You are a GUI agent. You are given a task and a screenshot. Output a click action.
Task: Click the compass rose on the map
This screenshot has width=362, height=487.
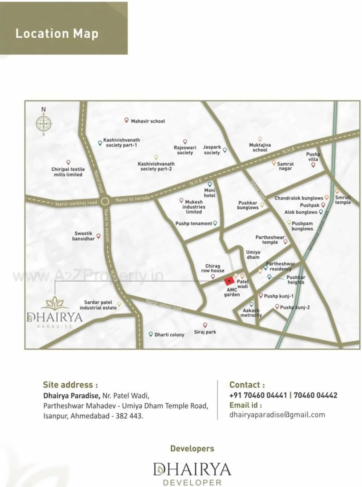click(44, 123)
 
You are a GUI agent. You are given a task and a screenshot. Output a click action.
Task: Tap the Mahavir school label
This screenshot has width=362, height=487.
click(148, 121)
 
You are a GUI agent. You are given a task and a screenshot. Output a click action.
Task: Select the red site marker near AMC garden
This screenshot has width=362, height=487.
click(229, 281)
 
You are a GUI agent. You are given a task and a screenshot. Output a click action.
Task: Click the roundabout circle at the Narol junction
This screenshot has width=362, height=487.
click(105, 202)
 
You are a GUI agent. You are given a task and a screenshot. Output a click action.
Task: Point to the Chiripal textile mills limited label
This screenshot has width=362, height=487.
click(68, 172)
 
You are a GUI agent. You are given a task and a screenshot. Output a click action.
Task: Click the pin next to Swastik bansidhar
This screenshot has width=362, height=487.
click(98, 236)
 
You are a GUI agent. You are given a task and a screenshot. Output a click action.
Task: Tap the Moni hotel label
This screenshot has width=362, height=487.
click(210, 193)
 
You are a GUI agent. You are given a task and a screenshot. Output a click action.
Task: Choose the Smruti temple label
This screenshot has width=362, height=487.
click(343, 200)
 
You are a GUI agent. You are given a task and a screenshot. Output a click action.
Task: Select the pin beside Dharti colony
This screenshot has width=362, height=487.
click(151, 334)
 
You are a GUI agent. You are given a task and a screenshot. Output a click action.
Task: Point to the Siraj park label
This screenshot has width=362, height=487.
click(205, 332)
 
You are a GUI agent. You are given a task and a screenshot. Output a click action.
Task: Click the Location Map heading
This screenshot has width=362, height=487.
click(57, 33)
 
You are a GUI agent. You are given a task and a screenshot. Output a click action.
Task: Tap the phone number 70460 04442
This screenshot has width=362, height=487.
click(315, 395)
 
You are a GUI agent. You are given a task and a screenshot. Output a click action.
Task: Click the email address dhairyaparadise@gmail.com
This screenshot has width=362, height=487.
click(277, 415)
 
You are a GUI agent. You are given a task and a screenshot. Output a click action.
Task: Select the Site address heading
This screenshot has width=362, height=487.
click(70, 385)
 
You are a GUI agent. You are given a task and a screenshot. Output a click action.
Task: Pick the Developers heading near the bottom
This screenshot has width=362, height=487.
click(192, 448)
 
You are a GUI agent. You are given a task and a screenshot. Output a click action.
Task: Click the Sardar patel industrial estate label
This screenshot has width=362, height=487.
click(98, 305)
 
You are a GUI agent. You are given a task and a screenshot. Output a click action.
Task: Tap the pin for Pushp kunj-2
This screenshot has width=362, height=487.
click(277, 306)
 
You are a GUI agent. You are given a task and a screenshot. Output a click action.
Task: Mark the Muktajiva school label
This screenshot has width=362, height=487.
click(260, 147)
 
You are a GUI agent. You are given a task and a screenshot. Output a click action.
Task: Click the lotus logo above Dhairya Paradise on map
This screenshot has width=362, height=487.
click(55, 303)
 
